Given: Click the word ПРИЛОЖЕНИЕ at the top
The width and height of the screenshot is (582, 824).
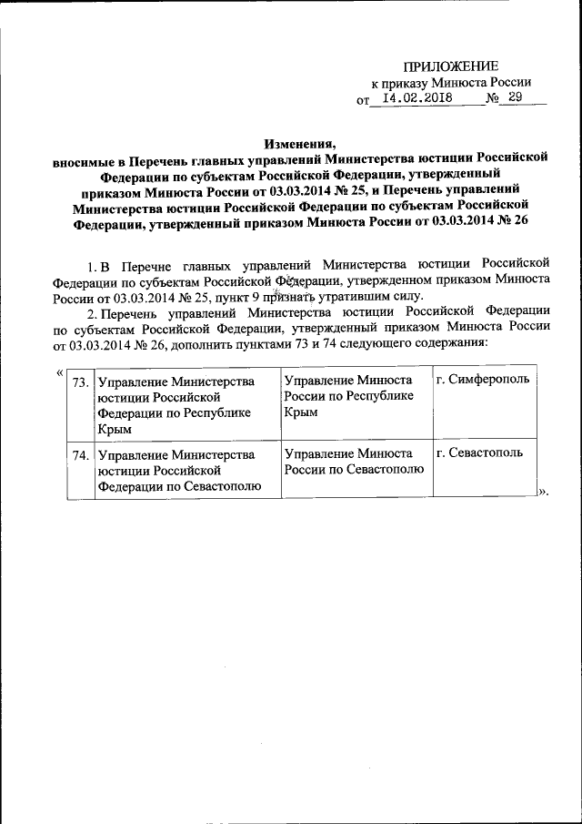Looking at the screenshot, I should pos(451,66).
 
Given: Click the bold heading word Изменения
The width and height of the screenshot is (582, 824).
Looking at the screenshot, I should pos(300,143).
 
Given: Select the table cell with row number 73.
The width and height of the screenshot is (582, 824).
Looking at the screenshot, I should pos(79,381).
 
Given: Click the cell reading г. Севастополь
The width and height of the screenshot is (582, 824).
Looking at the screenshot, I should pos(479,453).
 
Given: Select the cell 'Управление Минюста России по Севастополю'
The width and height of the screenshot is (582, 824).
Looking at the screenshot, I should pos(354,462).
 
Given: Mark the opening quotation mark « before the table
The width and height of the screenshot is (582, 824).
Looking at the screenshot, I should pos(59,371).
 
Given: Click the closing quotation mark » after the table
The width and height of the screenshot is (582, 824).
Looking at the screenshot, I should pos(545,492).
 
